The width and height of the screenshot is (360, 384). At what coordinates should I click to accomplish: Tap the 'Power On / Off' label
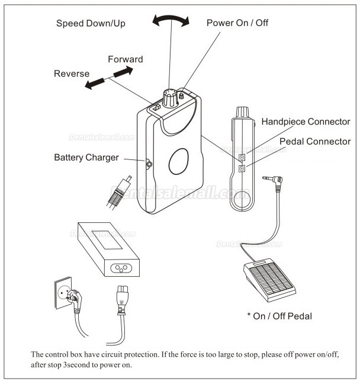click(x=237, y=23)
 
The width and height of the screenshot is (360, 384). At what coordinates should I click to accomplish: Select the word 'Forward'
click(x=125, y=59)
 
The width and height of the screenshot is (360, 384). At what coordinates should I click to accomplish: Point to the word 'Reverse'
click(x=72, y=74)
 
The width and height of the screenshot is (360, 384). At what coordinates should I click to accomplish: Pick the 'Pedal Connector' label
click(x=314, y=142)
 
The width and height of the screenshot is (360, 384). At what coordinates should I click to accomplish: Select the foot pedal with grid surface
click(x=265, y=275)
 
